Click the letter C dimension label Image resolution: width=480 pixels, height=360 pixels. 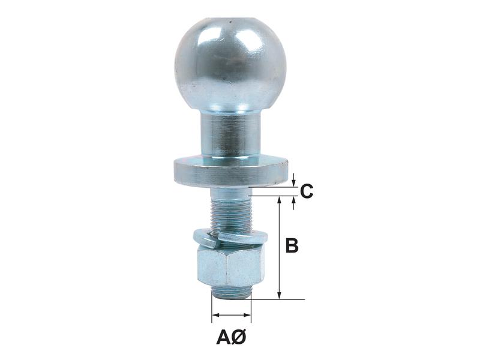306,192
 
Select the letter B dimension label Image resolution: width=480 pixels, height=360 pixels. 291,246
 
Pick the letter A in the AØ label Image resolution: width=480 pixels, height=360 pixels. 223,338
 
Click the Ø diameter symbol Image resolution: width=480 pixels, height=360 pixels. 238,338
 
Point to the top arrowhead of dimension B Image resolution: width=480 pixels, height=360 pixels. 280,200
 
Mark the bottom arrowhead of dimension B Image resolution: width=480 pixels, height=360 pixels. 280,295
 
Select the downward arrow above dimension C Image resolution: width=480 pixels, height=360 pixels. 293,182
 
